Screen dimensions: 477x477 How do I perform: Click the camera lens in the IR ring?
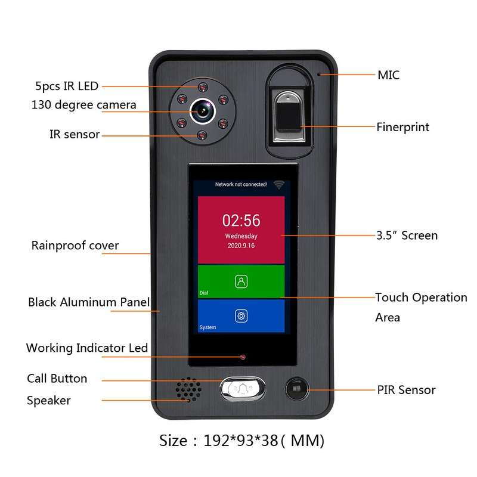click(x=203, y=111)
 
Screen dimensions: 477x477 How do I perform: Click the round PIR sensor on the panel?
click(x=296, y=389)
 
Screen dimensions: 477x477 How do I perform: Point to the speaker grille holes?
click(x=188, y=390)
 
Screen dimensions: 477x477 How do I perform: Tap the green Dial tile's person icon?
click(x=241, y=281)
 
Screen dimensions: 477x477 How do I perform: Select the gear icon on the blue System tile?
click(x=241, y=316)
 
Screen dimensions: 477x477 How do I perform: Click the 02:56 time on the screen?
click(x=241, y=220)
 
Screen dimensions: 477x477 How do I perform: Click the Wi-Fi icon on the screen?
click(x=278, y=185)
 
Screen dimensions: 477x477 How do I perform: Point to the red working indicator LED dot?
click(x=243, y=357)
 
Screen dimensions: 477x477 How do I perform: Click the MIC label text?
click(x=389, y=75)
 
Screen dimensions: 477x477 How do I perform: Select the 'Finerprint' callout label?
click(x=403, y=127)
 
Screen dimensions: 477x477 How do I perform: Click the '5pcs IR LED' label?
click(x=67, y=86)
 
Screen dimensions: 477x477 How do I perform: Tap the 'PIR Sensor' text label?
click(x=406, y=390)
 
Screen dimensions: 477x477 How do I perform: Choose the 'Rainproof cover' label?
click(x=75, y=246)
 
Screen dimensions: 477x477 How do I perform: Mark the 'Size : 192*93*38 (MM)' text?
click(x=242, y=441)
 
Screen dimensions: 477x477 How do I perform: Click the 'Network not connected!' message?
click(x=241, y=184)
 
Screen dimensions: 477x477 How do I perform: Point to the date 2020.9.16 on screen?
click(x=241, y=246)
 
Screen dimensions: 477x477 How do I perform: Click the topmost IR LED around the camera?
click(x=203, y=88)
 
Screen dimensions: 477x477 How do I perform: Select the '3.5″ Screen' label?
click(x=407, y=236)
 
